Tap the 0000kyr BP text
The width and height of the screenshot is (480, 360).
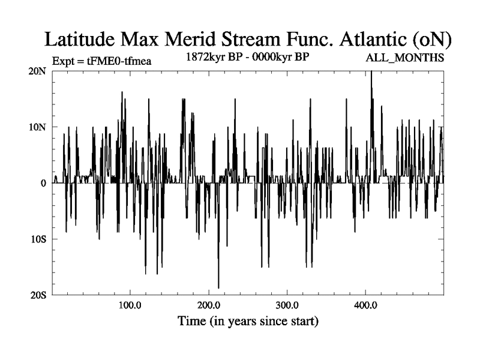click(x=286, y=58)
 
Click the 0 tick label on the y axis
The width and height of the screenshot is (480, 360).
click(x=44, y=183)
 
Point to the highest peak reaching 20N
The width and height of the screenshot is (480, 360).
click(x=371, y=72)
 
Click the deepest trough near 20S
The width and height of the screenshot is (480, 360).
click(x=218, y=287)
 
